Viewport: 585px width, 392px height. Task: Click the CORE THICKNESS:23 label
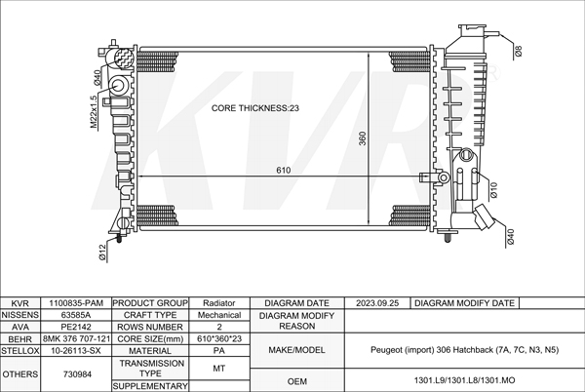pyautogui.click(x=255, y=108)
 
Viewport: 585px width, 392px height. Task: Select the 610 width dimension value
pyautogui.click(x=284, y=170)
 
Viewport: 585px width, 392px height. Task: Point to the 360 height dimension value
pyautogui.click(x=363, y=138)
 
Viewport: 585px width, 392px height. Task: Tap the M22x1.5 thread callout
pyautogui.click(x=94, y=112)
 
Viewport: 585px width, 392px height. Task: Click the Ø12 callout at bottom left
pyautogui.click(x=103, y=253)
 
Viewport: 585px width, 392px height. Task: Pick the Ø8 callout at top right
pyautogui.click(x=519, y=51)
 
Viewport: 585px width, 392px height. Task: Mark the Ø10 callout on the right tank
pyautogui.click(x=493, y=190)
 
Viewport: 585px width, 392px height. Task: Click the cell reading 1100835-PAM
pyautogui.click(x=76, y=303)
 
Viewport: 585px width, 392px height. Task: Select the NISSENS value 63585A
pyautogui.click(x=76, y=315)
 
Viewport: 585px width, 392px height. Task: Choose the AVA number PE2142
pyautogui.click(x=76, y=327)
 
